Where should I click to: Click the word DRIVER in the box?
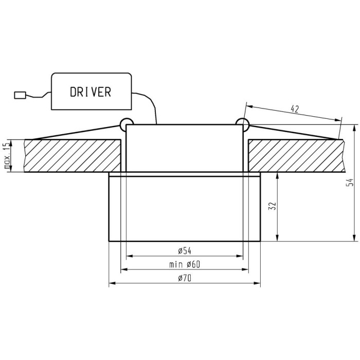coord(91,92)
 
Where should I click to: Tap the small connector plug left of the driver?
coord(20,95)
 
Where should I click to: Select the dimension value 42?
coord(295,109)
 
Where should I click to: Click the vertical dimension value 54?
coord(350,183)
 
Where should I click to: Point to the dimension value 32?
coord(272,206)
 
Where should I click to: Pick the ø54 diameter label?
coord(185,251)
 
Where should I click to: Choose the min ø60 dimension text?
coord(185,264)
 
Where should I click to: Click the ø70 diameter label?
coord(185,278)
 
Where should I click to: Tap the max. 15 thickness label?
coord(7,155)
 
